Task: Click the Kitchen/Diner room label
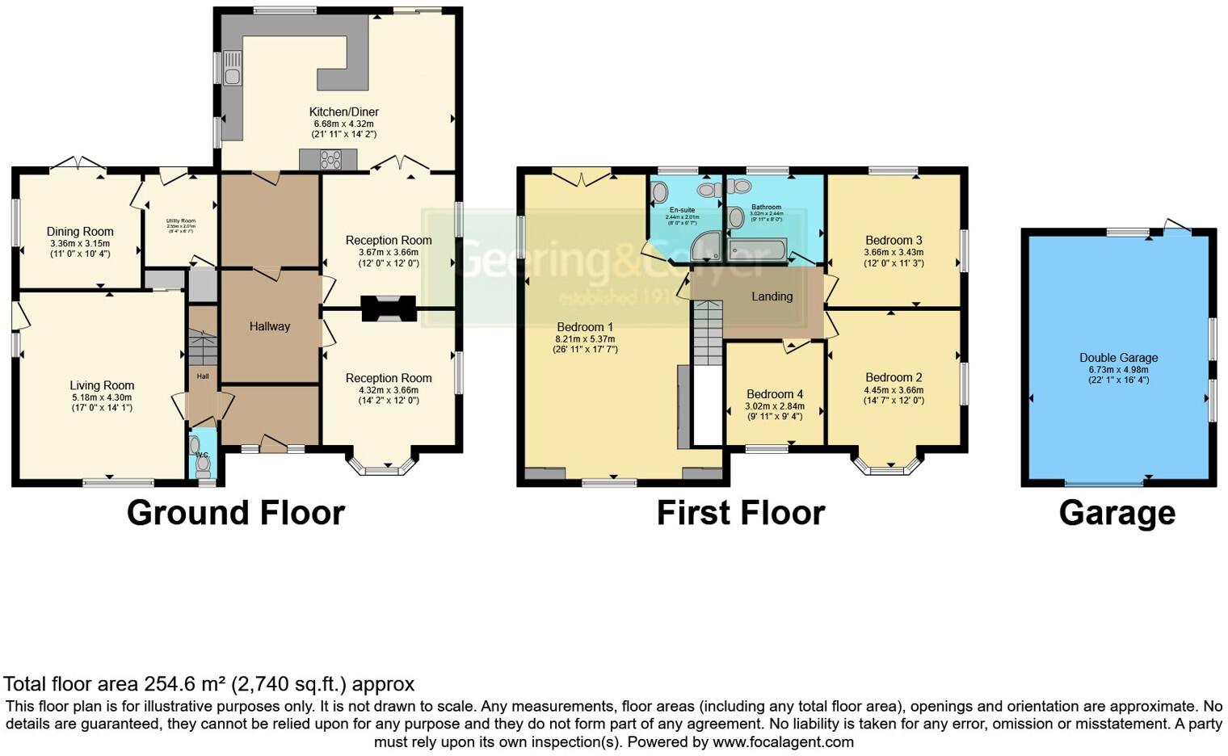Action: (x=343, y=111)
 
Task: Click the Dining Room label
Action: (x=80, y=232)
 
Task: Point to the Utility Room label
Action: (x=181, y=220)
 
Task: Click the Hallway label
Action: (x=269, y=326)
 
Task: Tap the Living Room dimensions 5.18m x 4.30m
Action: (x=102, y=397)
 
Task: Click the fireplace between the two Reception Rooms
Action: (x=389, y=309)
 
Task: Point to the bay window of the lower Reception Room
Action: (x=383, y=465)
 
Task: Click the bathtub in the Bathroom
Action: (x=757, y=250)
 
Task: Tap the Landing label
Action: (x=772, y=296)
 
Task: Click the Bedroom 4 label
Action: (x=774, y=394)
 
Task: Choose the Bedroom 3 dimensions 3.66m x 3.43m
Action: (x=894, y=252)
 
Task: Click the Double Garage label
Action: (x=1118, y=358)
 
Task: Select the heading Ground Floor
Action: (x=235, y=513)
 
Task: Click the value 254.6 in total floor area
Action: (x=170, y=684)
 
